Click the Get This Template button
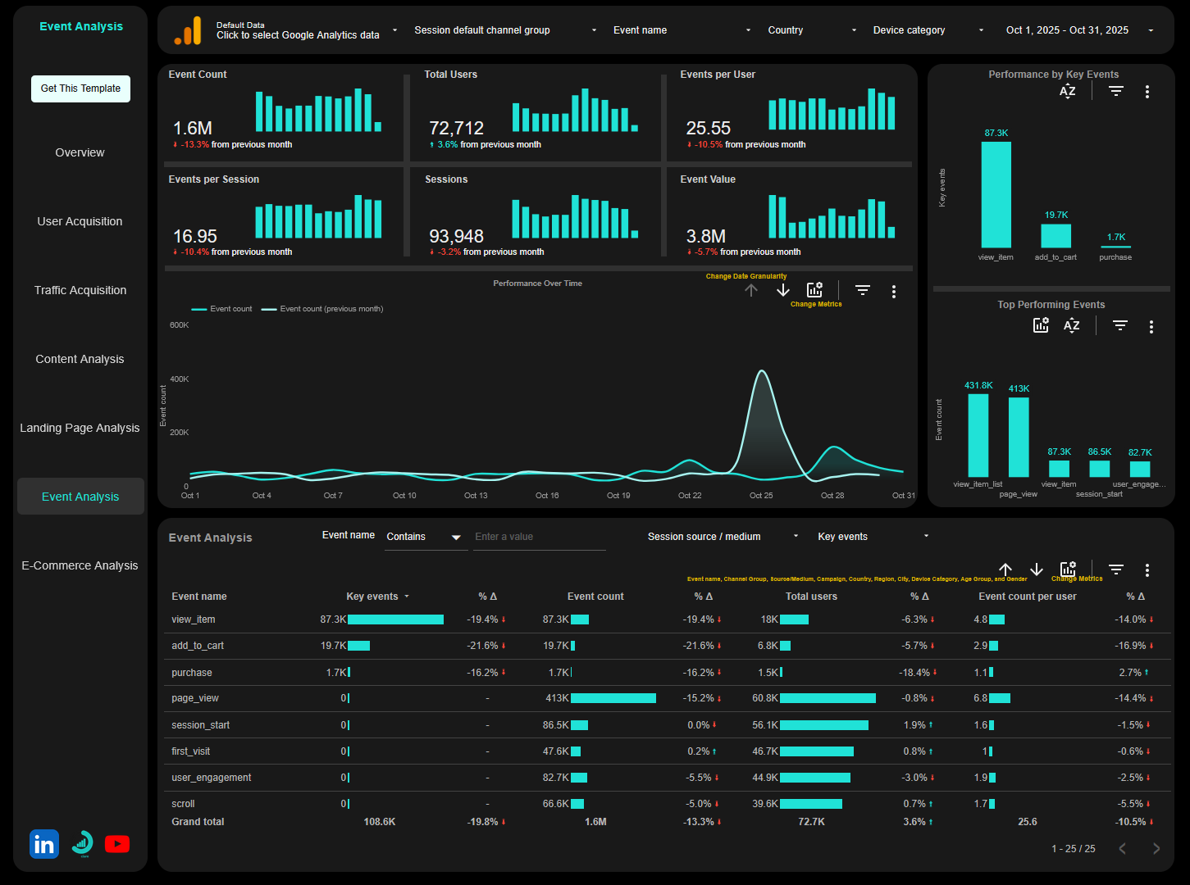80,88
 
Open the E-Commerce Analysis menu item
80,565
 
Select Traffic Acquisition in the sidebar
80,290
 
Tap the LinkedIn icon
44,844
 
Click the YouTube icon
117,844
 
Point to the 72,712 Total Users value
456,129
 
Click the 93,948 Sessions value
456,237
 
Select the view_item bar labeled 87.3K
996,194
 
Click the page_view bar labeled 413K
1019,436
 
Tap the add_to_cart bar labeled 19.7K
1055,236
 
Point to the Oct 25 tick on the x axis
761,496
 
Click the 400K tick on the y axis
179,379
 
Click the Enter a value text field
539,537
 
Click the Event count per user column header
1027,597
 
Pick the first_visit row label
190,751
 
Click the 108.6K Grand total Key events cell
380,822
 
